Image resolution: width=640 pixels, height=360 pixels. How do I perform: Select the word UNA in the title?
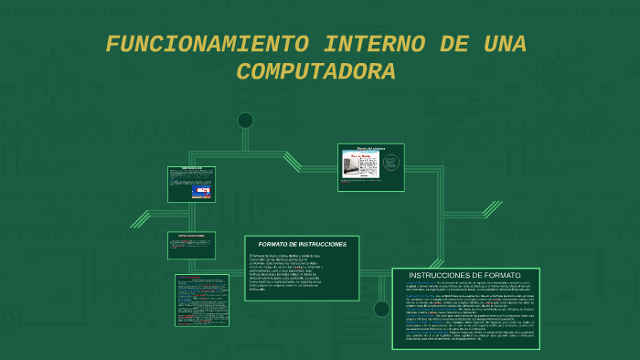[502, 44]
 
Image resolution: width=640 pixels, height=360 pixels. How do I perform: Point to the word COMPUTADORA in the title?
[315, 71]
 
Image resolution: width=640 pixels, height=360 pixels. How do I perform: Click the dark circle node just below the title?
[245, 121]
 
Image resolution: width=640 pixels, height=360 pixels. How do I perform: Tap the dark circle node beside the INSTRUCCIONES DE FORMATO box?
[381, 309]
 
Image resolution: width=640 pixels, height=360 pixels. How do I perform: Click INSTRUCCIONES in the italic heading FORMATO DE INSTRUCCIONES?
[324, 245]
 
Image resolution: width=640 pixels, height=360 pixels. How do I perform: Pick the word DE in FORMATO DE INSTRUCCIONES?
[295, 245]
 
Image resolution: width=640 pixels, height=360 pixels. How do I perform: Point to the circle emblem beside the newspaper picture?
[390, 163]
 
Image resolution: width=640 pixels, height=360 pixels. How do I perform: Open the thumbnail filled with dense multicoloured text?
[202, 301]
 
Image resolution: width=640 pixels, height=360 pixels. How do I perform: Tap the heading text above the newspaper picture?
[370, 148]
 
